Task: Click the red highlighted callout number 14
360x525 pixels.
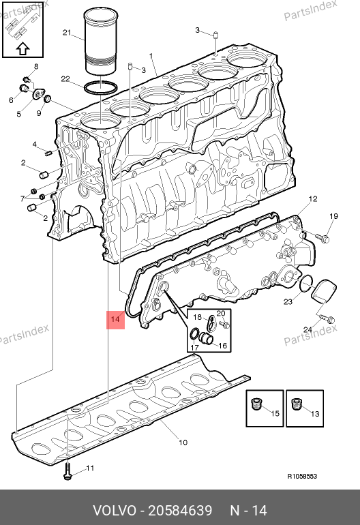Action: [115, 319]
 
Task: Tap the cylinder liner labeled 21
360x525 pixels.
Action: [101, 41]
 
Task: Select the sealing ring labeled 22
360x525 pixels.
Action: [100, 88]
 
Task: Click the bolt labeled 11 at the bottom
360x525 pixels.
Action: [67, 471]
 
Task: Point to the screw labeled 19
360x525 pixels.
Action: [322, 237]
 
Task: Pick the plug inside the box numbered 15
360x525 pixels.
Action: [256, 405]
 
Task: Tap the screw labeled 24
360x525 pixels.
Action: [327, 318]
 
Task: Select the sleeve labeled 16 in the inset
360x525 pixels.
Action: [207, 339]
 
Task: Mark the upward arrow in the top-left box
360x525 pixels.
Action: [22, 49]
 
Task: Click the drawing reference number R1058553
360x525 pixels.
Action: [302, 476]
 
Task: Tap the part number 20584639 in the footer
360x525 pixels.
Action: [180, 511]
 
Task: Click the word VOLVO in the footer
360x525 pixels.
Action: [114, 511]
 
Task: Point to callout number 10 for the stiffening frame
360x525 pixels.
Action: [183, 442]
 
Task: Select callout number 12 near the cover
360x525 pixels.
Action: [312, 199]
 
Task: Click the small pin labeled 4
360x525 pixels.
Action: [48, 153]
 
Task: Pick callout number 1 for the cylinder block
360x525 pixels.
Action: [151, 56]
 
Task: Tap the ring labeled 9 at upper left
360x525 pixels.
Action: [48, 98]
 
